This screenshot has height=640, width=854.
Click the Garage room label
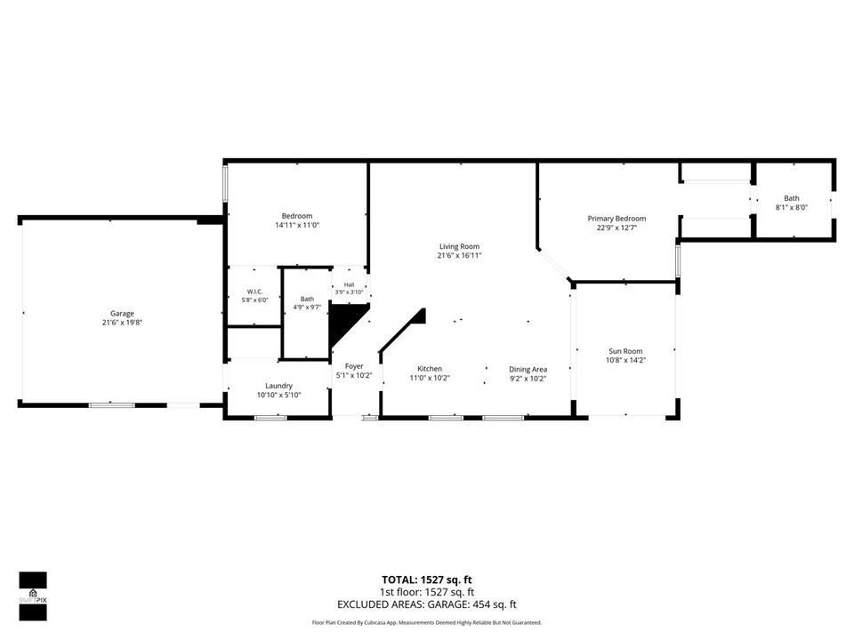(122, 314)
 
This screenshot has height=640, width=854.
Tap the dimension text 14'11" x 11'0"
(297, 225)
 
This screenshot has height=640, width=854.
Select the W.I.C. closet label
(255, 292)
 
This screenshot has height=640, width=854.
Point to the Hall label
(349, 284)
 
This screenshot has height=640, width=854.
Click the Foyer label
(354, 366)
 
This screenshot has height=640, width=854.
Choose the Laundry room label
(278, 386)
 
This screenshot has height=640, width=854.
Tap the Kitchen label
(430, 369)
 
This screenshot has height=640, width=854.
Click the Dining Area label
(528, 370)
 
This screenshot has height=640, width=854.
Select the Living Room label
(460, 246)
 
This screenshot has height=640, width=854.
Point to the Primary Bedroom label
(616, 219)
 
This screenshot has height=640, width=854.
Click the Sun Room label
(625, 352)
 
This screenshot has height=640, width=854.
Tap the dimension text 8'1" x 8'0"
(792, 207)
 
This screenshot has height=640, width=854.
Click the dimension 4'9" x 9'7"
(307, 307)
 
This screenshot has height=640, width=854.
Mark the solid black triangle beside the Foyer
(343, 321)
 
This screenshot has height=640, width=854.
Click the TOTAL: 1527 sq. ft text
(426, 580)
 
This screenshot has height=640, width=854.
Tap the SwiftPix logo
(33, 596)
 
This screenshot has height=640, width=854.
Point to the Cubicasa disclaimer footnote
(426, 622)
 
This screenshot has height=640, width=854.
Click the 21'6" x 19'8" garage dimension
(122, 323)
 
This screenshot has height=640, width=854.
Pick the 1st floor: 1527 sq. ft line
(426, 592)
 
